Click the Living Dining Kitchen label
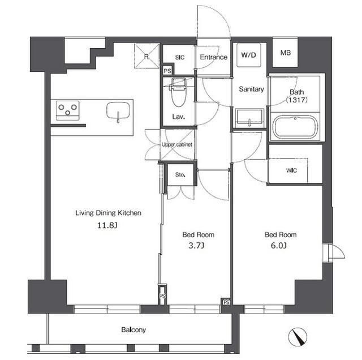pos(108,213)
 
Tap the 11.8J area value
pos(108,225)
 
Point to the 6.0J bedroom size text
pos(281,246)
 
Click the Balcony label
pos(133,329)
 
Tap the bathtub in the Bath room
pos(294,127)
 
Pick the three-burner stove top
pos(67,109)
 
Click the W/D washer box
pos(248,55)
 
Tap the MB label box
pos(286,53)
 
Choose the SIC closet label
pos(180,57)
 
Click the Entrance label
pos(213,57)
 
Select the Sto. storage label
pos(179,174)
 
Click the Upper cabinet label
pos(177,145)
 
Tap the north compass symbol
pos(297,337)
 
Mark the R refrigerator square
pos(146,55)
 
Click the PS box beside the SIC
pos(167,71)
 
